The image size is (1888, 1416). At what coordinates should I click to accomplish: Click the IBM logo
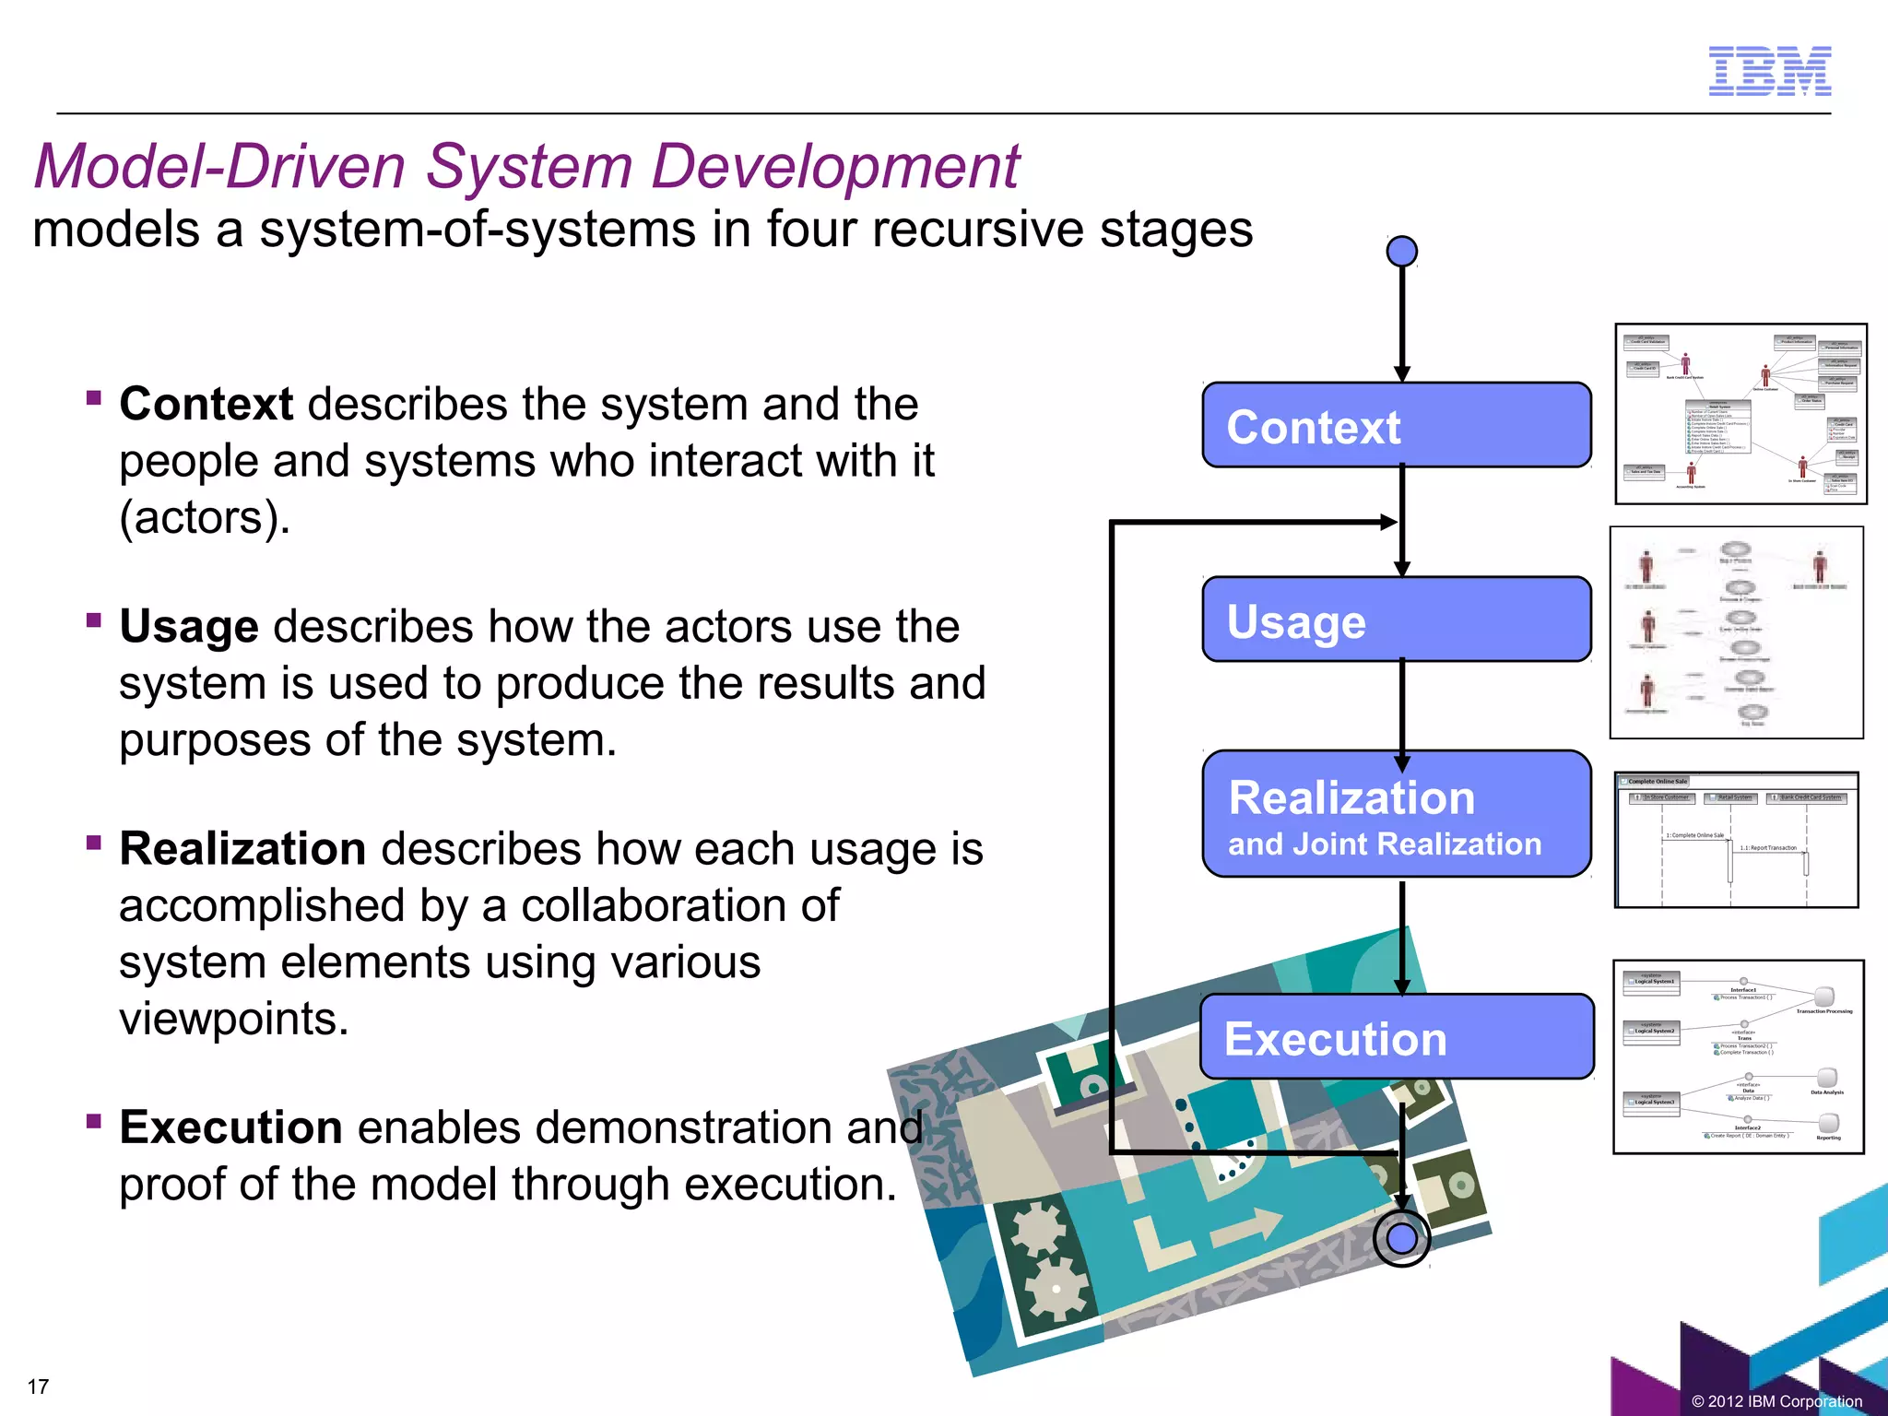tap(1769, 71)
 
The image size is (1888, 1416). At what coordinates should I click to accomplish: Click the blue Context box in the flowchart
tap(1396, 426)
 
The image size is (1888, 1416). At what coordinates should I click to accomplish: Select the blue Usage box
tap(1396, 619)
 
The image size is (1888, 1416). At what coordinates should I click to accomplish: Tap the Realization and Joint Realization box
tap(1396, 814)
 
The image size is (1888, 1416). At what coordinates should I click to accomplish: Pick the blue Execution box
tap(1396, 1037)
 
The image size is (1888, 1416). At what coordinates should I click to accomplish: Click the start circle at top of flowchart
tap(1401, 251)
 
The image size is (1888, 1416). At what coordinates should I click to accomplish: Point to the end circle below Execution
tap(1401, 1239)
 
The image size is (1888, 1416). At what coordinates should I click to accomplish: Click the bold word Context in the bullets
tap(206, 404)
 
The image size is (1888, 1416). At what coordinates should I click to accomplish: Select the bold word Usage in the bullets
tap(188, 627)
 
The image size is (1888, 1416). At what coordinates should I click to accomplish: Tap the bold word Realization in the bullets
tap(242, 848)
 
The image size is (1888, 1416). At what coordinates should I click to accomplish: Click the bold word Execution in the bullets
tap(230, 1127)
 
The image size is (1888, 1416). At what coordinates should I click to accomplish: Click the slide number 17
tap(38, 1386)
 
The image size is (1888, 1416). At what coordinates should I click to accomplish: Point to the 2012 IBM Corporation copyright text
tap(1776, 1401)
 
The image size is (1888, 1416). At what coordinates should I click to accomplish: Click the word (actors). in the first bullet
tap(205, 517)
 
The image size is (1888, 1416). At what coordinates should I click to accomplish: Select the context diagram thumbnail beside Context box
tap(1740, 414)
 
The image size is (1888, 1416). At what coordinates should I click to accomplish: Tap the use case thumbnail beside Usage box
tap(1736, 632)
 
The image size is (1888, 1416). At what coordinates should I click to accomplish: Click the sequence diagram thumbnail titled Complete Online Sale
tap(1736, 840)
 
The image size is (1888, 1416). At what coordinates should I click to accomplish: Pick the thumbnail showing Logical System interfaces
tap(1738, 1056)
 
